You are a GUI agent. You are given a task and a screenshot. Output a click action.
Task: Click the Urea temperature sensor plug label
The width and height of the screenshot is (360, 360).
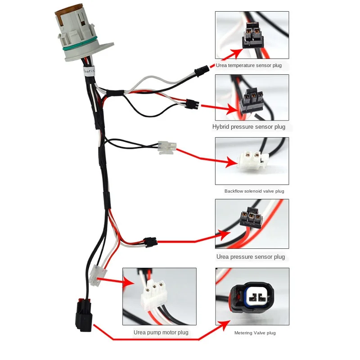248,65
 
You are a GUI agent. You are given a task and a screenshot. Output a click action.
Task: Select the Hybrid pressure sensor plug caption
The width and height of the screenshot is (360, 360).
248,127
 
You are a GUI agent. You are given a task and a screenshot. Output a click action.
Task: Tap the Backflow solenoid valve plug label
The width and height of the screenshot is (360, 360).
254,191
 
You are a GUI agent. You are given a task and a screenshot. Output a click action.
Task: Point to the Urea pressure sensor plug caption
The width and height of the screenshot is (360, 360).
251,257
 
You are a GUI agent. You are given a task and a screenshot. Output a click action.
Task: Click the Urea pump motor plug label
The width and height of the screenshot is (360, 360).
161,333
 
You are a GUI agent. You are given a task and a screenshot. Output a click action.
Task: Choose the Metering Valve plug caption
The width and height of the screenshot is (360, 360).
255,333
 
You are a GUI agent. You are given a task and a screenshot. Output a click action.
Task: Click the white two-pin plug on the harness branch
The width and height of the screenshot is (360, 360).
167,147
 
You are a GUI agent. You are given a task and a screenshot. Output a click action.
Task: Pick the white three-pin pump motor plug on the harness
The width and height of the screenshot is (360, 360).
97,275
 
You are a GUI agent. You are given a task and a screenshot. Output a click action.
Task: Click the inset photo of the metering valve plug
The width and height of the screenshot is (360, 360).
252,297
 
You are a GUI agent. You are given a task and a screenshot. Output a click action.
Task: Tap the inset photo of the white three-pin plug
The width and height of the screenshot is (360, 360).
159,297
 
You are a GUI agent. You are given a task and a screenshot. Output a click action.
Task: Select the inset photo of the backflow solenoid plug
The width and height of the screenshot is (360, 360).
252,161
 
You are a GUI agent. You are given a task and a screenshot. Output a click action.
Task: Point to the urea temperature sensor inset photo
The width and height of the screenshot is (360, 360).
252,35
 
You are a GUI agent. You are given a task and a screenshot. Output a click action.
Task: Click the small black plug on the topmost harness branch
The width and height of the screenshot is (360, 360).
201,70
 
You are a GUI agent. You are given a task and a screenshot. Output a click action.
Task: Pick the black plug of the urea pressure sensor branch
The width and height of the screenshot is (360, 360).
150,241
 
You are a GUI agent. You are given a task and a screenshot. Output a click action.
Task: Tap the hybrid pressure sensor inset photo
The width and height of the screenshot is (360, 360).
252,97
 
